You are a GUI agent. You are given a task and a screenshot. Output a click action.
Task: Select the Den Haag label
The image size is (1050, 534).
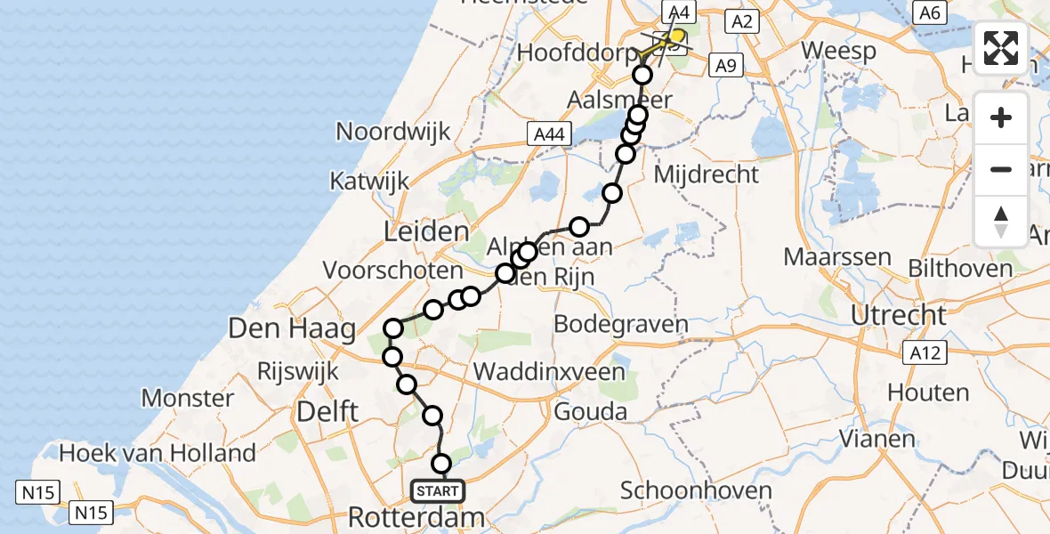click(x=292, y=328)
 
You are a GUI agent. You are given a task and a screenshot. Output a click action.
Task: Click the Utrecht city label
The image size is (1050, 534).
click(x=898, y=314)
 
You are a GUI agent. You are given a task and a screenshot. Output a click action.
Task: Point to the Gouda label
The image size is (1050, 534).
click(x=590, y=412)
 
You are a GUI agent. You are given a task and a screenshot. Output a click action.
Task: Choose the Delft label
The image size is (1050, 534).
click(x=328, y=411)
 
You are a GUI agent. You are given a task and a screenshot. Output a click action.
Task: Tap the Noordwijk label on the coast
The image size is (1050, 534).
click(x=392, y=132)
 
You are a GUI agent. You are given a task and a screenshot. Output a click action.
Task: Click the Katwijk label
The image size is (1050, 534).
click(x=369, y=182)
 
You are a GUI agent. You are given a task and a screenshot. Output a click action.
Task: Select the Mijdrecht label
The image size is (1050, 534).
click(x=707, y=174)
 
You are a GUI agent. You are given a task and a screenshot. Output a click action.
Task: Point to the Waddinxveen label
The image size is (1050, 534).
click(x=549, y=371)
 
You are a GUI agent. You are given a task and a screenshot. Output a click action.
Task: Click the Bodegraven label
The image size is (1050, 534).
click(x=621, y=324)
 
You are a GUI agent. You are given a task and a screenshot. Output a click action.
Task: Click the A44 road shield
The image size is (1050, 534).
click(x=549, y=134)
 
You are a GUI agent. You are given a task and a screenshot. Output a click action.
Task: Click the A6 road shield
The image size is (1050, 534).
click(x=931, y=12)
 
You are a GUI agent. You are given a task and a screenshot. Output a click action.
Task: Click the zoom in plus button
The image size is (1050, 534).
click(x=1001, y=117)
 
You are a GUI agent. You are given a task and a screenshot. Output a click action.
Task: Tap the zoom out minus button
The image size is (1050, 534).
click(x=1001, y=169)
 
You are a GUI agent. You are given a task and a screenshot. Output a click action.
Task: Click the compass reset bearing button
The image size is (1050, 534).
click(x=1001, y=221)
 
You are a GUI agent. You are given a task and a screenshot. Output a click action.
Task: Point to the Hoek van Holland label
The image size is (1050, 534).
click(x=157, y=453)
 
